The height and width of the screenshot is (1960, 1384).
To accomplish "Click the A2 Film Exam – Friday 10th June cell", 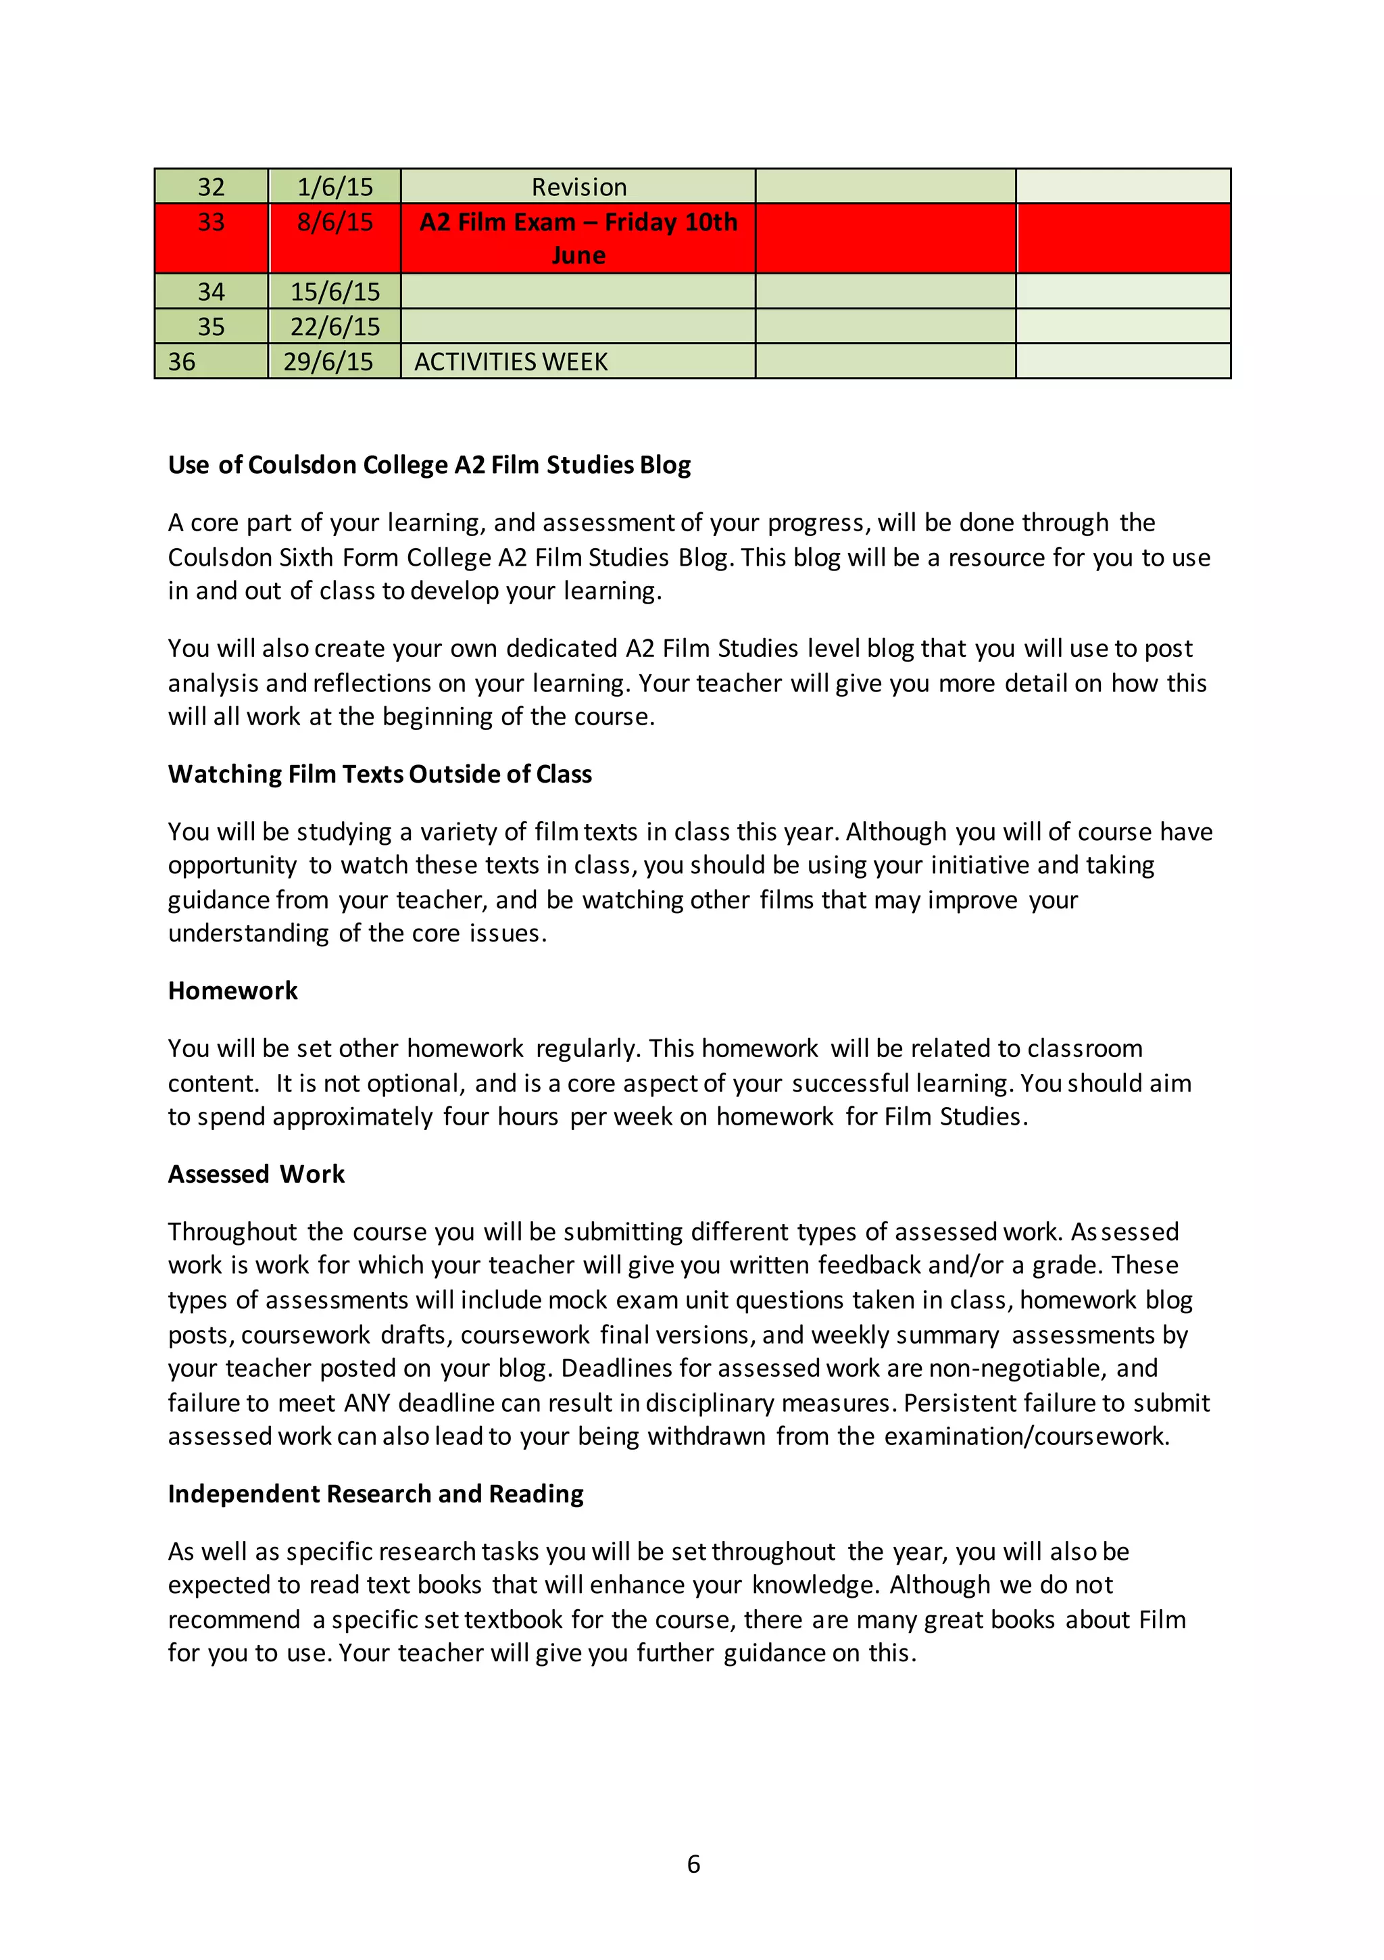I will (x=578, y=238).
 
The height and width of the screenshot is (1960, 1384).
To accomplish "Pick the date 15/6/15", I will (x=335, y=292).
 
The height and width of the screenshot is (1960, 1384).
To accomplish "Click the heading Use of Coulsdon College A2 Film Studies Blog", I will (x=428, y=465).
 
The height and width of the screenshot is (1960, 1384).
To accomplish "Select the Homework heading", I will (x=232, y=991).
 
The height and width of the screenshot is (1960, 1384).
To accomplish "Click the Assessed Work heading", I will (x=256, y=1175).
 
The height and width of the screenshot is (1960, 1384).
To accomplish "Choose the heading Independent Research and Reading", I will (x=376, y=1494).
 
